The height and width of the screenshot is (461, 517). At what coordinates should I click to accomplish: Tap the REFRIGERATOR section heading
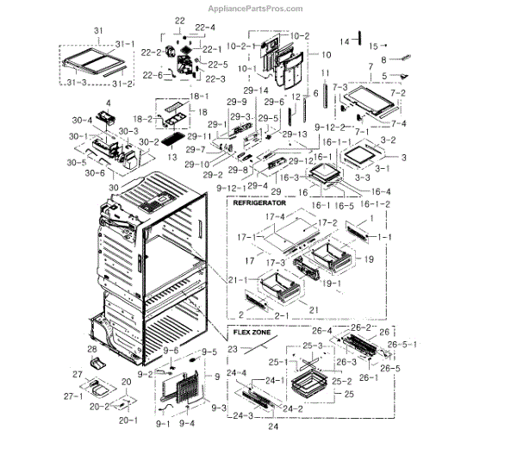[263, 204]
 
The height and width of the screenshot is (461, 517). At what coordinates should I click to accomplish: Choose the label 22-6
[152, 75]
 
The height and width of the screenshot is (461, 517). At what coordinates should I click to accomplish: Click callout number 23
[234, 349]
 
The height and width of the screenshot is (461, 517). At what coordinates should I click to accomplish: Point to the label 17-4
[274, 216]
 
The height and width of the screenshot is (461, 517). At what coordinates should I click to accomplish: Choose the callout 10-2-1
[240, 45]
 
